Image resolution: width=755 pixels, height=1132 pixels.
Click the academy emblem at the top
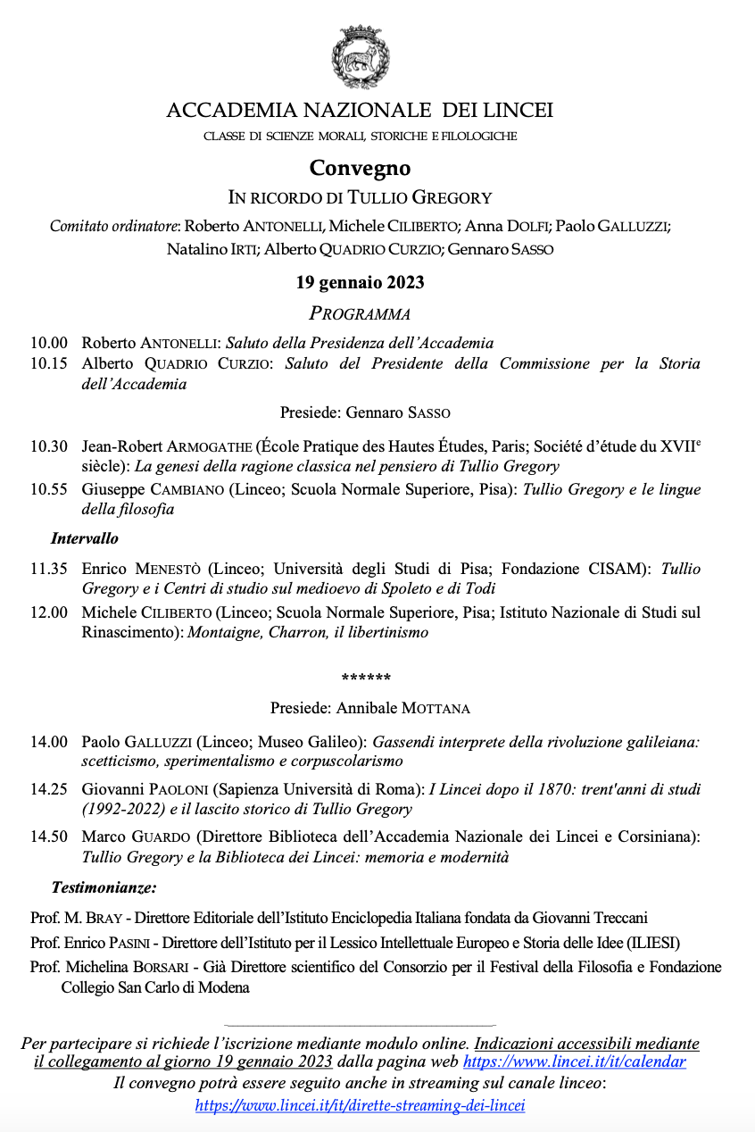coord(360,57)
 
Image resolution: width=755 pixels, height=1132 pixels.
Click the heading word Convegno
coord(360,168)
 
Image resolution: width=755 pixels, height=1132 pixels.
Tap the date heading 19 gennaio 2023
coord(360,283)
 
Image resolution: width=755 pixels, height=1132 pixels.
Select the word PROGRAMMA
coord(360,313)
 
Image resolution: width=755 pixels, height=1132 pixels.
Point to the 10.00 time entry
coord(49,343)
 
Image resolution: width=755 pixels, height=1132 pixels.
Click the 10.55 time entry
coord(49,489)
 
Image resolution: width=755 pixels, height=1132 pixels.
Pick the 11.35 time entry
coord(49,569)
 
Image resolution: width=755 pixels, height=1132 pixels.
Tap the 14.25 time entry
coord(49,789)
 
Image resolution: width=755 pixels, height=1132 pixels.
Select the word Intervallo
coord(84,538)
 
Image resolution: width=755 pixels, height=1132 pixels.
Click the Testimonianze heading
coord(104,887)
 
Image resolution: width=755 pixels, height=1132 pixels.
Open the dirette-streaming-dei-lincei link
coord(360,1105)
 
